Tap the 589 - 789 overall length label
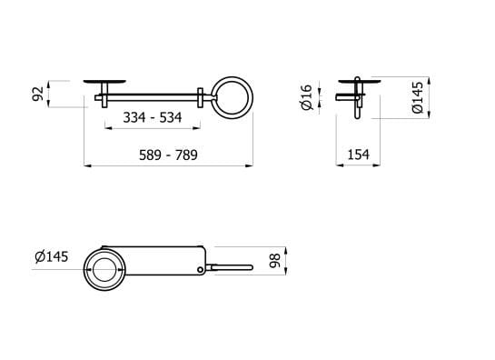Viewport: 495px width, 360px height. tap(169, 155)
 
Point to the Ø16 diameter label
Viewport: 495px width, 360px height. tap(307, 97)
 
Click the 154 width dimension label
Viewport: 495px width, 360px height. tap(359, 155)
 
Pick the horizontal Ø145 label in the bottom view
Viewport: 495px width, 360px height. tap(52, 256)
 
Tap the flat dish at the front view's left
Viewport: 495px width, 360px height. tap(104, 81)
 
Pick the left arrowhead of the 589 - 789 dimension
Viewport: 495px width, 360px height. tap(87, 166)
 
